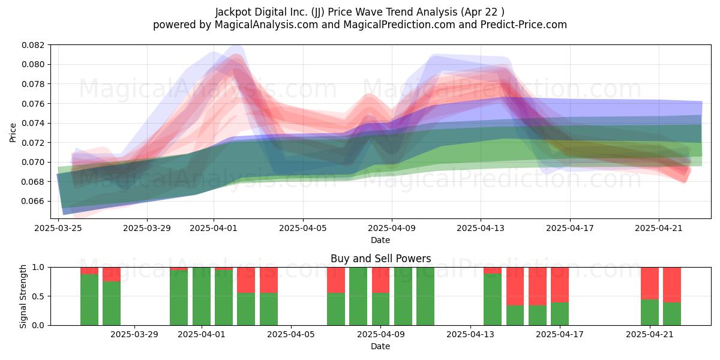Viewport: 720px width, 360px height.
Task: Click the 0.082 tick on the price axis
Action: point(33,45)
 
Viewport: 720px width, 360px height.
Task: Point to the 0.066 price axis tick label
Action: point(33,201)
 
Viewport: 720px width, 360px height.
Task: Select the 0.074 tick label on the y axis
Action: point(33,123)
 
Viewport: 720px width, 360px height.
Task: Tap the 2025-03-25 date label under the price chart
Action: point(58,228)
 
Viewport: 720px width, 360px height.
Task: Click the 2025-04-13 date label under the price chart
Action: point(481,228)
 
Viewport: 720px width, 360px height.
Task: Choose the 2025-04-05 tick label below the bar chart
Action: point(291,335)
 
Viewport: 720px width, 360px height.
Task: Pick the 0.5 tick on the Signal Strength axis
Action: point(39,296)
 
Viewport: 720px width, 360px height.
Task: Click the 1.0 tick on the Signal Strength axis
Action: point(39,267)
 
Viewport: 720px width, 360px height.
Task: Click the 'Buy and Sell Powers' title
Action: point(380,259)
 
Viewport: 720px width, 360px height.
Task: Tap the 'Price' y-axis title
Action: point(13,133)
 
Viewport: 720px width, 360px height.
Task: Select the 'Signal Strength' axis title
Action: point(23,296)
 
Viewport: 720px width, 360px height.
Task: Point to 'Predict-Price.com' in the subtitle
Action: point(524,25)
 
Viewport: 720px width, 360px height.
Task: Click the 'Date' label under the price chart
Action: point(380,240)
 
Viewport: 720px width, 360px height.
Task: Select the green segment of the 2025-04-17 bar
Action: point(560,314)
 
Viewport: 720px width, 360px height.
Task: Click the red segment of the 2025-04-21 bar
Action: point(650,283)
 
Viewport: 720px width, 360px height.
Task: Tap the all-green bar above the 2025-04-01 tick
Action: point(202,296)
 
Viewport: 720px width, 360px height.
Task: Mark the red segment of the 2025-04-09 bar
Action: point(380,280)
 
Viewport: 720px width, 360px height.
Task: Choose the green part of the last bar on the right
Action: point(672,314)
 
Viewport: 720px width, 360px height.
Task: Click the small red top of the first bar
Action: point(89,271)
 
